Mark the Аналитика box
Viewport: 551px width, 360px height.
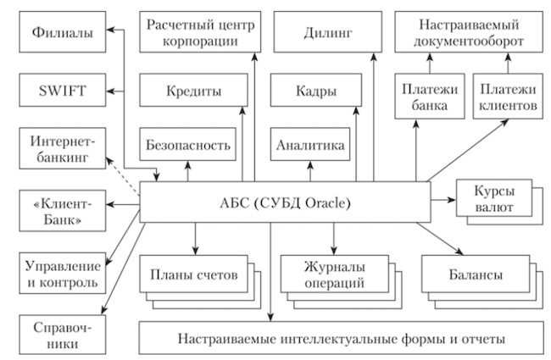tap(310, 146)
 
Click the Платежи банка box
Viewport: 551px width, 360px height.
tap(424, 97)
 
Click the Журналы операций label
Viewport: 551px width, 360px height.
tap(323, 275)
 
